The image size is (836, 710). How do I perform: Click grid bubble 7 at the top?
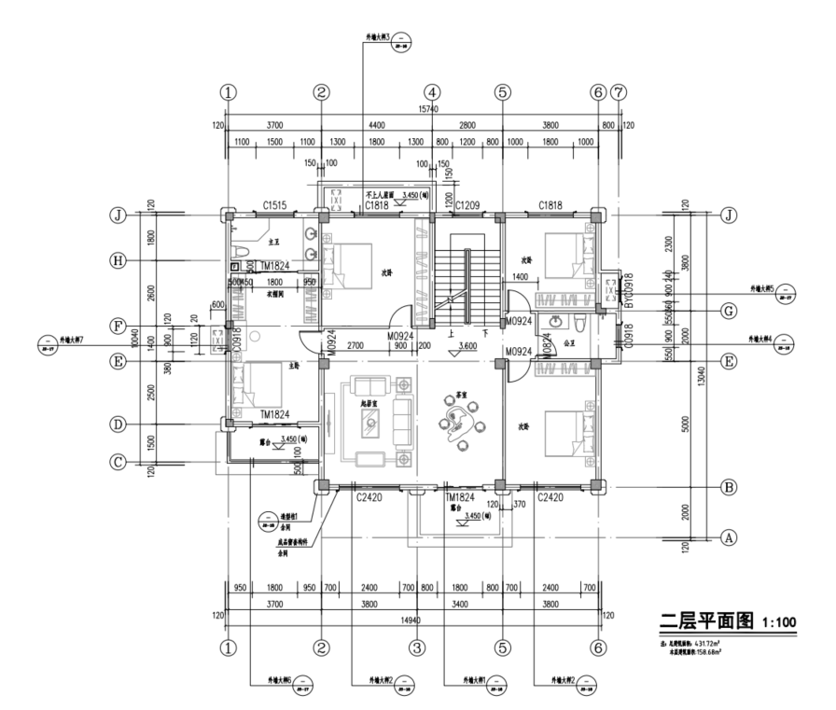pos(618,92)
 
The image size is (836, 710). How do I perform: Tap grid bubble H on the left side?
pos(118,260)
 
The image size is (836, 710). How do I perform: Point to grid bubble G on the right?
pos(729,311)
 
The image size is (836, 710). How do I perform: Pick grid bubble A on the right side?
pos(729,536)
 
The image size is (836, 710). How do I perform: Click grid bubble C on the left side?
pos(118,459)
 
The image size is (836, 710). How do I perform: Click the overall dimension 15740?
pos(427,110)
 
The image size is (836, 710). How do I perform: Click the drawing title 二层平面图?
pos(707,620)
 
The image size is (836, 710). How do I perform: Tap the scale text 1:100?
pos(779,622)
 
